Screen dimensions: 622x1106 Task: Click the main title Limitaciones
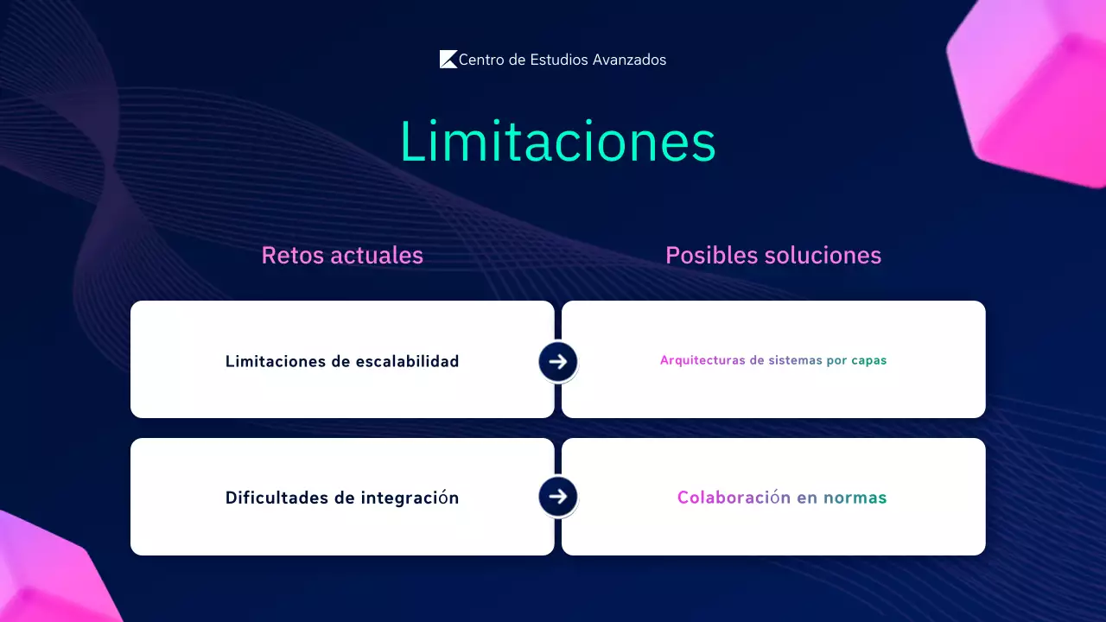pyautogui.click(x=557, y=142)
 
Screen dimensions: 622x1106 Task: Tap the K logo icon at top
pyautogui.click(x=448, y=60)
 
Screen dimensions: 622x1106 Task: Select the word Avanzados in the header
pyautogui.click(x=629, y=60)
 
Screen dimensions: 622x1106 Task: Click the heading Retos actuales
pyautogui.click(x=342, y=256)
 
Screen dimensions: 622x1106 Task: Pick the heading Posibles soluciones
pyautogui.click(x=773, y=256)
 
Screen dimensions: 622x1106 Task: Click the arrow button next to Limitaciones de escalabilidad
pyautogui.click(x=558, y=361)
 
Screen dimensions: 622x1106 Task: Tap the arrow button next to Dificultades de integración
pyautogui.click(x=558, y=497)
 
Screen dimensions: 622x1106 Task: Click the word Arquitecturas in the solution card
pyautogui.click(x=702, y=360)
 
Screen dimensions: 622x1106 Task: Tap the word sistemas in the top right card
pyautogui.click(x=795, y=360)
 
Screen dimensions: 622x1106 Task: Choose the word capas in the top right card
pyautogui.click(x=869, y=361)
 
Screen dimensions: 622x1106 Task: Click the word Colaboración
pyautogui.click(x=734, y=498)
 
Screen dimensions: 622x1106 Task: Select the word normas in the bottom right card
pyautogui.click(x=855, y=498)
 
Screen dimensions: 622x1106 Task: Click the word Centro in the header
pyautogui.click(x=482, y=60)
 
